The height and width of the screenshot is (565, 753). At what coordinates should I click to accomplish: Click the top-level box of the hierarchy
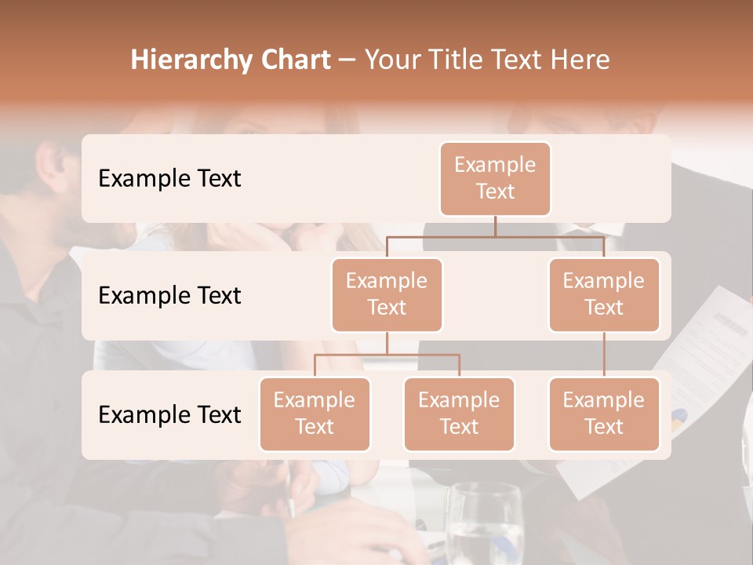click(x=495, y=179)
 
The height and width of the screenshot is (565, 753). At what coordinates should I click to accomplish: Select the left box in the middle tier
click(x=387, y=295)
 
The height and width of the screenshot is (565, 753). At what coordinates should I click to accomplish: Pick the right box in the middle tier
click(x=604, y=295)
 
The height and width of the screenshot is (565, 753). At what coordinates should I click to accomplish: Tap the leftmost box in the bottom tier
click(x=315, y=414)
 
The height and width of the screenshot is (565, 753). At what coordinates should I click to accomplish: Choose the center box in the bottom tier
click(x=459, y=414)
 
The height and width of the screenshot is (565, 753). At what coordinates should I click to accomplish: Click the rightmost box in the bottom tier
click(x=604, y=414)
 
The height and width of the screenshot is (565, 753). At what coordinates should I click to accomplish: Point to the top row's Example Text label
click(x=169, y=179)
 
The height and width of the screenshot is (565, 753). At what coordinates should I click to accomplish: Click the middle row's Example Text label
click(x=169, y=296)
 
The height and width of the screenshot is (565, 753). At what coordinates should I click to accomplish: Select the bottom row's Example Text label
click(x=169, y=414)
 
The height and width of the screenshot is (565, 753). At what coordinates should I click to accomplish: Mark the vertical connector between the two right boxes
click(x=604, y=355)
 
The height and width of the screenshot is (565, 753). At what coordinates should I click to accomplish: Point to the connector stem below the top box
click(x=495, y=226)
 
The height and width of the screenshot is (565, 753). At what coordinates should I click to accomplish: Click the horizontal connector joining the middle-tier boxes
click(x=495, y=236)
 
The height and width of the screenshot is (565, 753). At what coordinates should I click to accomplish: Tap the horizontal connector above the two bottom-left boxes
click(x=387, y=355)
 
